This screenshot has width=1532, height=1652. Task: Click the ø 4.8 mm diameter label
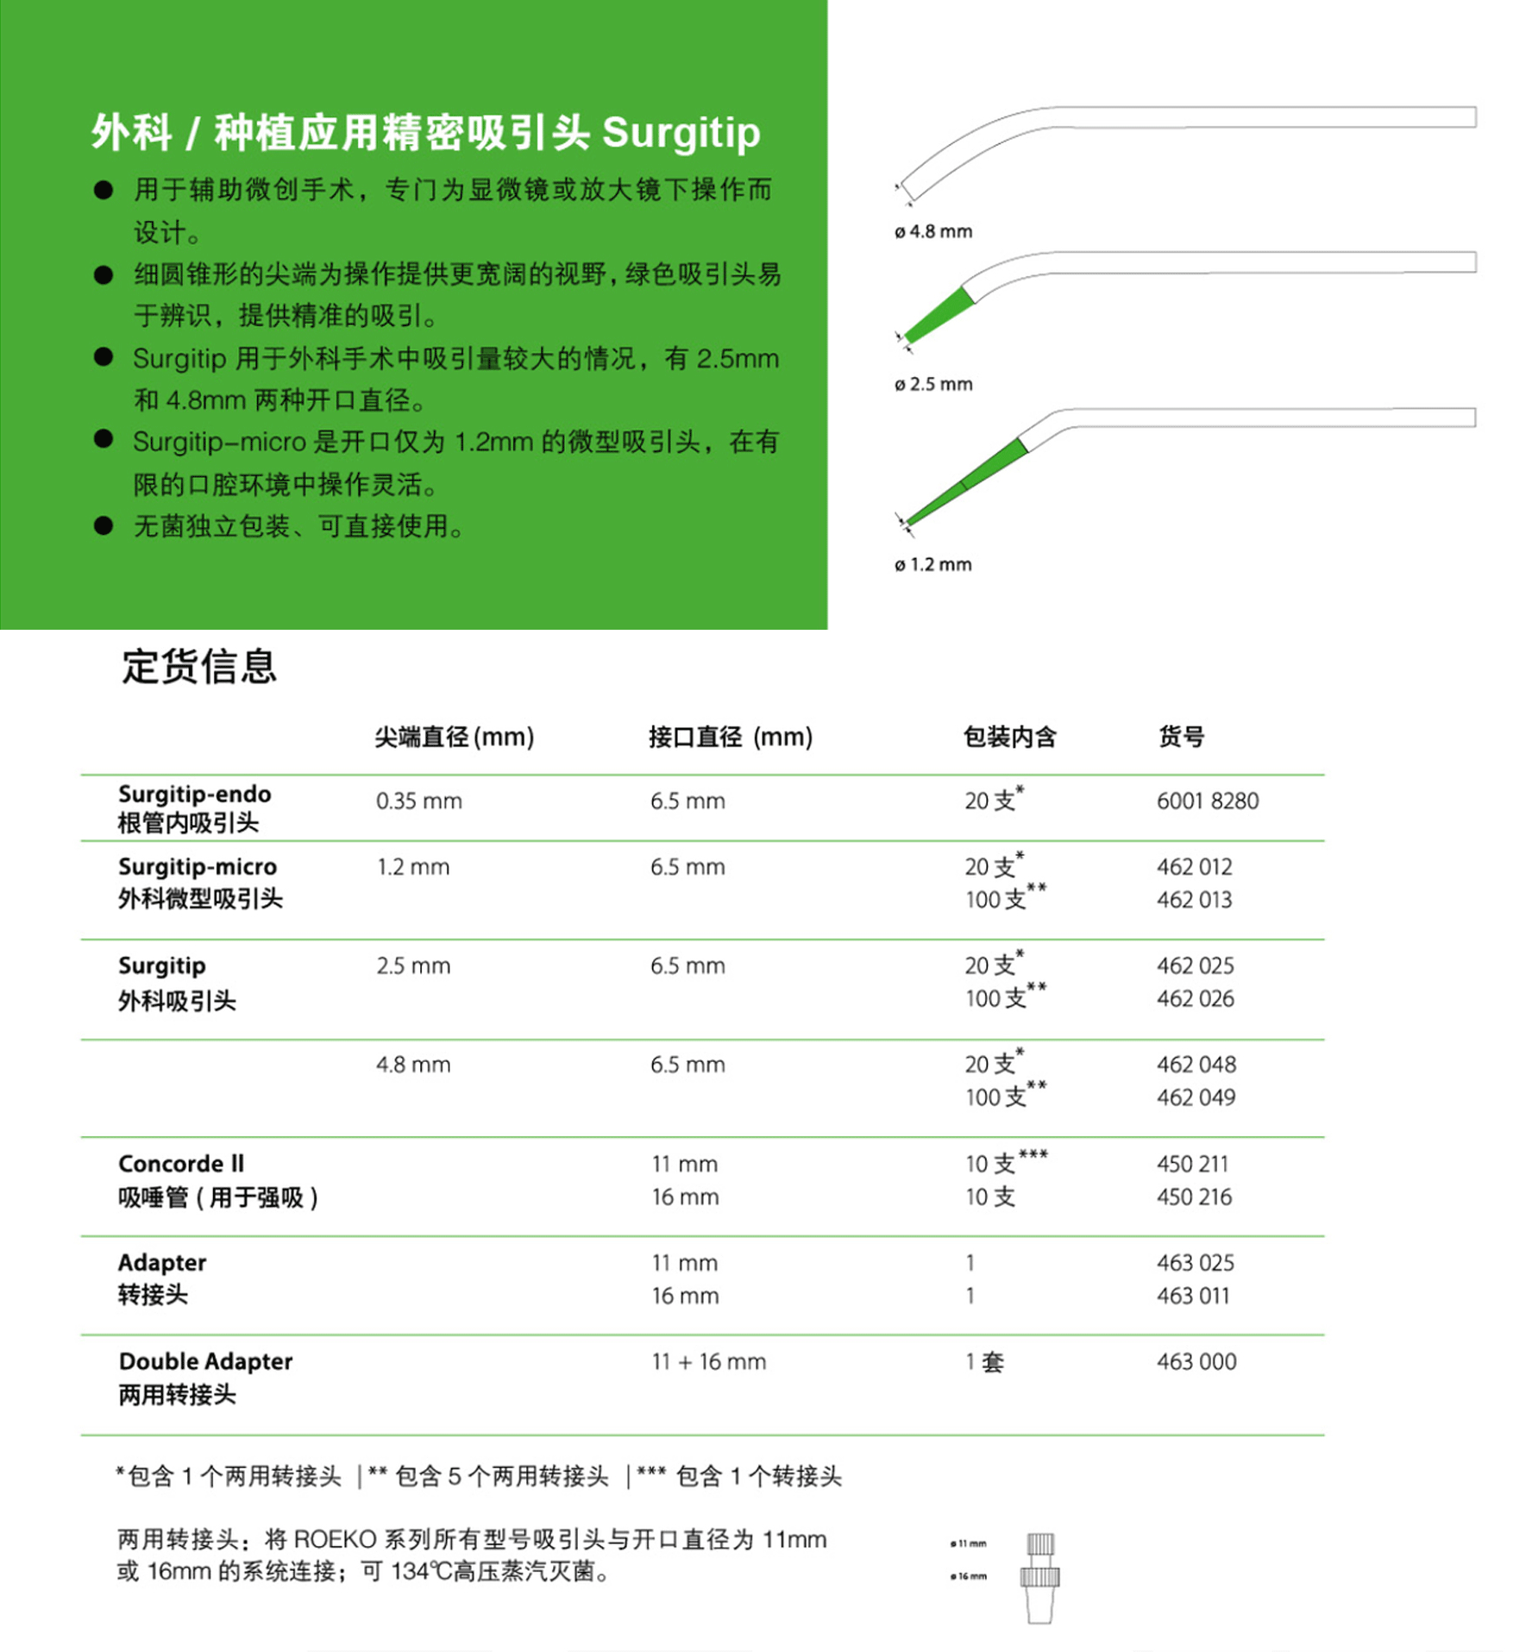pyautogui.click(x=933, y=231)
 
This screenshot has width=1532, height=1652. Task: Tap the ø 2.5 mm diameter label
pyautogui.click(x=933, y=384)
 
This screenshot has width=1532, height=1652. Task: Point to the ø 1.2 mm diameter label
pyautogui.click(x=933, y=564)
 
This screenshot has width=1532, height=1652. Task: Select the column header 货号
pyautogui.click(x=1181, y=737)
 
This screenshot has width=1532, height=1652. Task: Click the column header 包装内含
pyautogui.click(x=1009, y=737)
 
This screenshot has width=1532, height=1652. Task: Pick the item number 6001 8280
pyautogui.click(x=1207, y=801)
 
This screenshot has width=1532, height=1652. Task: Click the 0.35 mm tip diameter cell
pyautogui.click(x=418, y=801)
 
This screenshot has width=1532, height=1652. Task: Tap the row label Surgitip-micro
pyautogui.click(x=197, y=866)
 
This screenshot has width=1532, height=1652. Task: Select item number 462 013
pyautogui.click(x=1194, y=899)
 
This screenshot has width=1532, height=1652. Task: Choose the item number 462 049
pyautogui.click(x=1196, y=1096)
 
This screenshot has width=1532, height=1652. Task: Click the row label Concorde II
pyautogui.click(x=181, y=1163)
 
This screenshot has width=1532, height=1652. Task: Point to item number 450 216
pyautogui.click(x=1194, y=1197)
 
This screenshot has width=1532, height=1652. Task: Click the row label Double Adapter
pyautogui.click(x=205, y=1360)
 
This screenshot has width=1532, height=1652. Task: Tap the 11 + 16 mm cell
pyautogui.click(x=708, y=1361)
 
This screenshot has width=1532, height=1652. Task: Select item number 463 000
pyautogui.click(x=1196, y=1361)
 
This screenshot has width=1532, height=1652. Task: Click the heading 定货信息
pyautogui.click(x=198, y=666)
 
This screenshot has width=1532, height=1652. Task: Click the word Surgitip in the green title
pyautogui.click(x=681, y=132)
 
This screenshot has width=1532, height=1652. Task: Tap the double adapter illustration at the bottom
pyautogui.click(x=1039, y=1577)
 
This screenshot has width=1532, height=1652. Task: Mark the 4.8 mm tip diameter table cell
pyautogui.click(x=412, y=1064)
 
